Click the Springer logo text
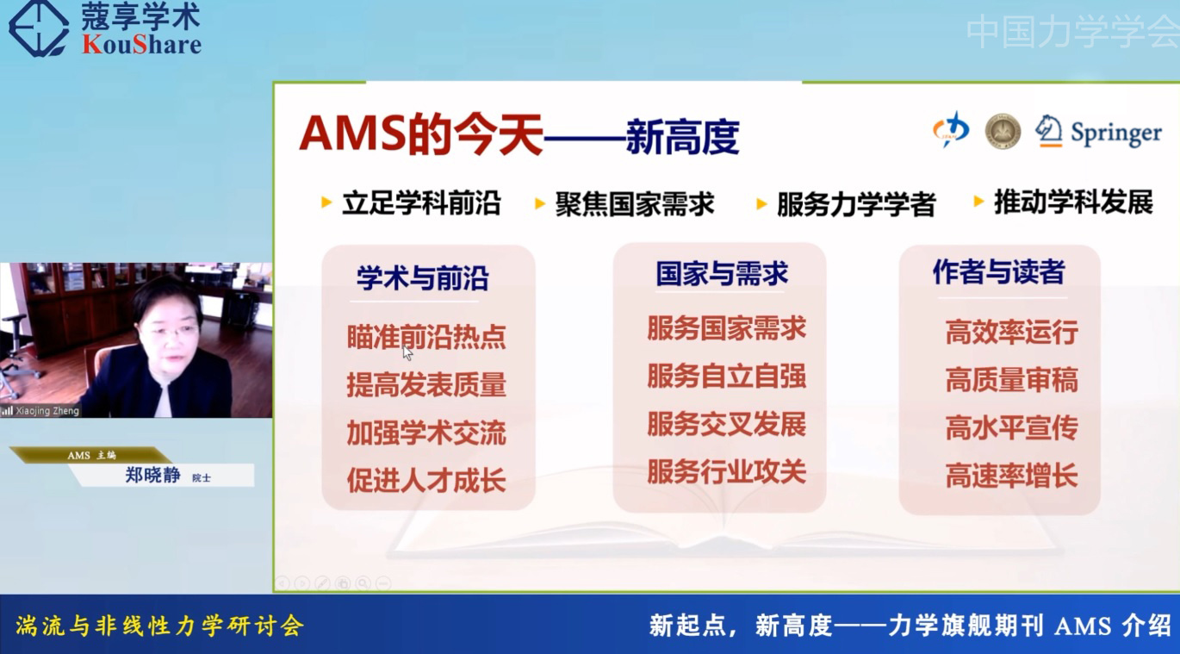(x=1116, y=134)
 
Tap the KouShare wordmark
(x=141, y=44)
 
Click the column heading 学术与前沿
(x=423, y=277)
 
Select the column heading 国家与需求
(x=722, y=273)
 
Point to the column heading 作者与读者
(x=999, y=272)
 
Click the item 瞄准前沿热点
(x=426, y=337)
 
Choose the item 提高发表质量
(x=426, y=384)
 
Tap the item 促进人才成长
(x=426, y=480)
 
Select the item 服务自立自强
(x=726, y=377)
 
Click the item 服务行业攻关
(x=726, y=471)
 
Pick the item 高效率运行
(x=1011, y=333)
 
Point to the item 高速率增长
(x=1011, y=476)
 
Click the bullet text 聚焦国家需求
(x=635, y=204)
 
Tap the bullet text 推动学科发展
(x=1073, y=202)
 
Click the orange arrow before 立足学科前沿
(x=326, y=202)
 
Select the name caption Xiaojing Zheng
(x=47, y=411)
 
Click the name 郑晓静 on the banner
(x=152, y=475)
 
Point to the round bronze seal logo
(x=1003, y=131)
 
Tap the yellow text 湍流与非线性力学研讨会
(x=159, y=626)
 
